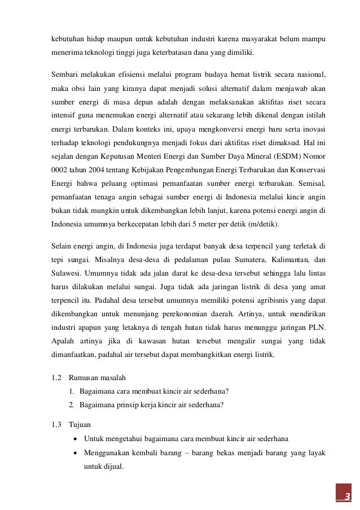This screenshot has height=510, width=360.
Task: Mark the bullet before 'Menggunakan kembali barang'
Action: pyautogui.click(x=76, y=453)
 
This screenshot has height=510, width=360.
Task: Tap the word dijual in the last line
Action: pyautogui.click(x=112, y=467)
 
